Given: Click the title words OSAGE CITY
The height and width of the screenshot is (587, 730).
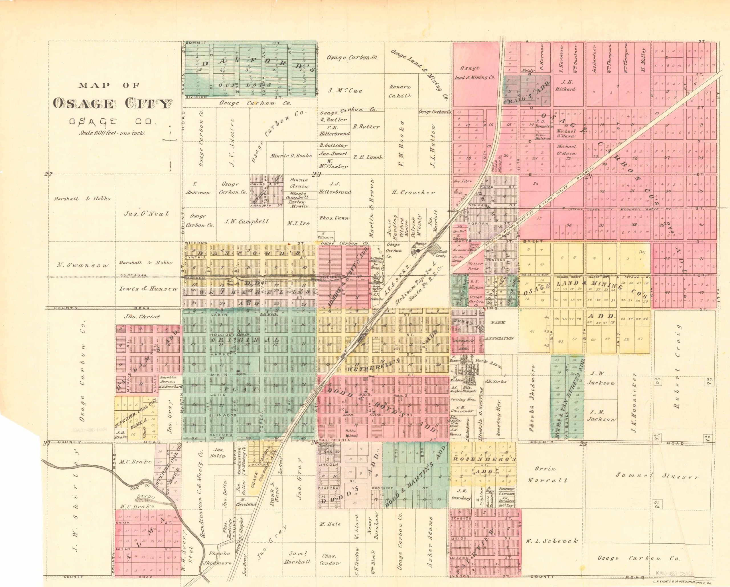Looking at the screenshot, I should pyautogui.click(x=111, y=104).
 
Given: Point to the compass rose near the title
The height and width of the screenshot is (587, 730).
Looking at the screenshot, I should pyautogui.click(x=171, y=139).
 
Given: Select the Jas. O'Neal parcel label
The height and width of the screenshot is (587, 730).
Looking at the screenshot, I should pyautogui.click(x=146, y=214).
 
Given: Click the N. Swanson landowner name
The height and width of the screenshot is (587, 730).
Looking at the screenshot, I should pyautogui.click(x=82, y=265).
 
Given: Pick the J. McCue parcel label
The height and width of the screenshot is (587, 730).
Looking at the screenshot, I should pyautogui.click(x=345, y=90).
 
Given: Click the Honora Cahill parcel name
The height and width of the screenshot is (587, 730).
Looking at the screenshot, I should pyautogui.click(x=400, y=91).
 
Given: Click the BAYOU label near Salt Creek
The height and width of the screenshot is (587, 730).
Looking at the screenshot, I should pyautogui.click(x=144, y=496).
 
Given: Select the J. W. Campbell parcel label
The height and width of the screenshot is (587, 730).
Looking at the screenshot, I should pyautogui.click(x=246, y=222).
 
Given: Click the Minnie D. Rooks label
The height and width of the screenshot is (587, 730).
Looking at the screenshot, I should pyautogui.click(x=291, y=156).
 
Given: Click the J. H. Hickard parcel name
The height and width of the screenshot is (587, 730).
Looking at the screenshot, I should pyautogui.click(x=565, y=85).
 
